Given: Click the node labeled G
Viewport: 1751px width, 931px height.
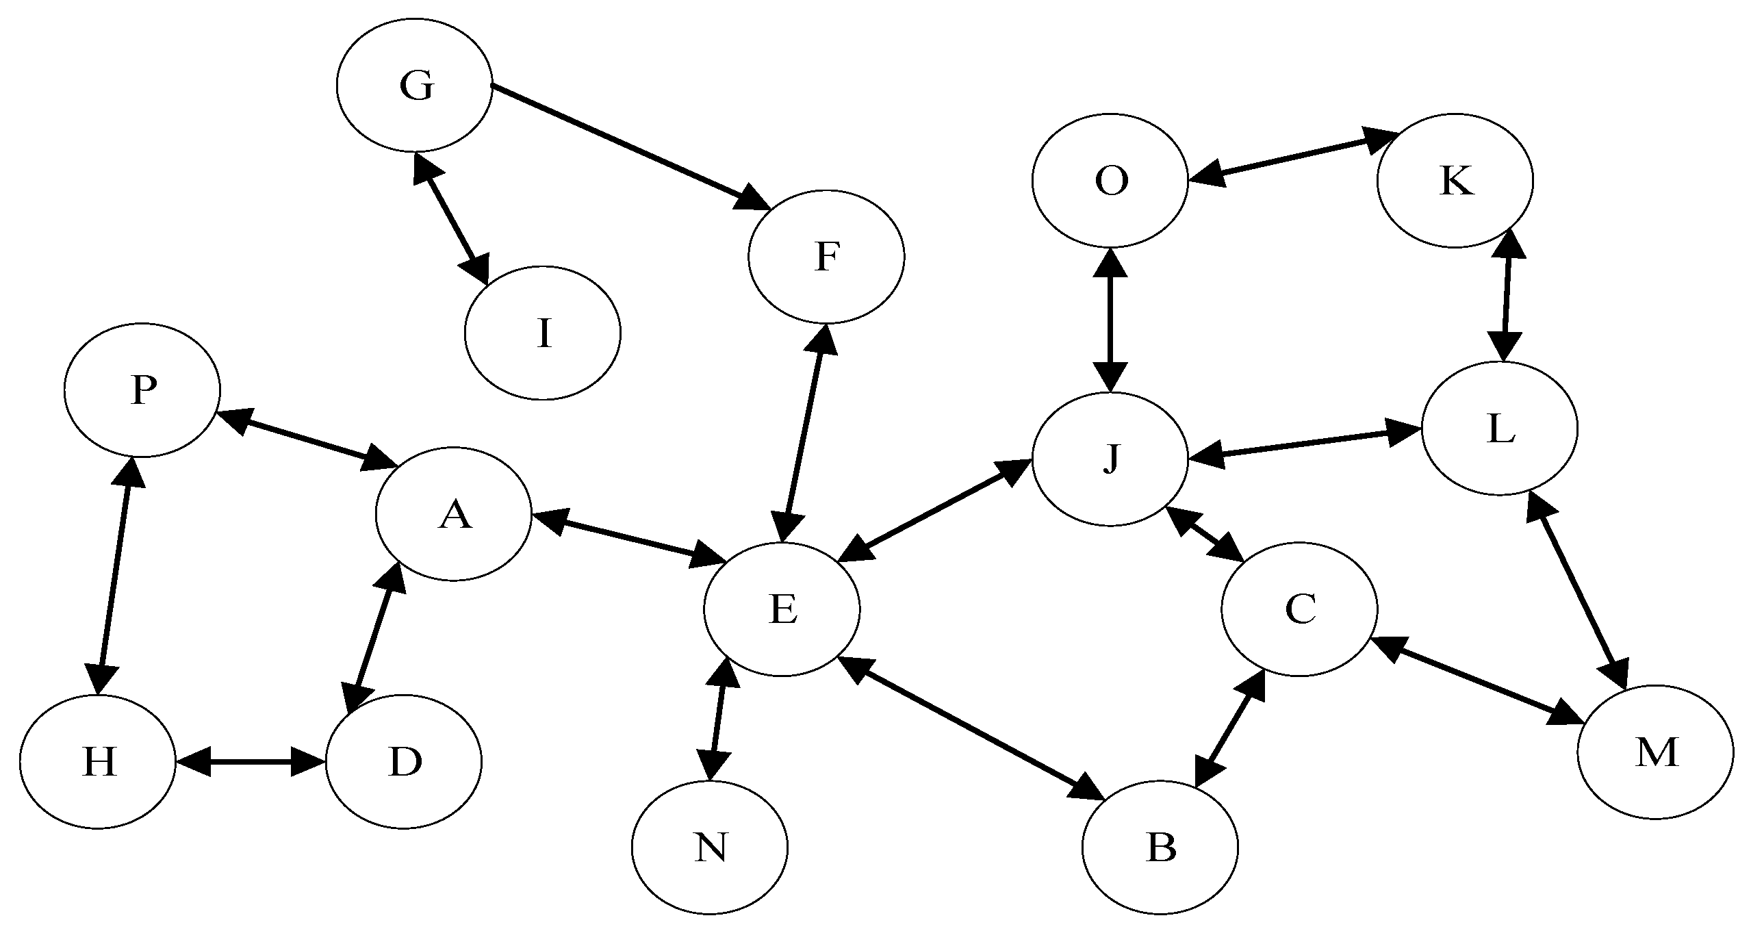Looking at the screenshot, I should (x=414, y=85).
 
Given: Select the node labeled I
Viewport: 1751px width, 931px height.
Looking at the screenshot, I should (x=542, y=333).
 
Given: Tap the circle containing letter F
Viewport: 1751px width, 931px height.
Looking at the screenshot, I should (x=826, y=257).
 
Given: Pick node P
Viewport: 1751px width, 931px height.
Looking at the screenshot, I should (x=142, y=390).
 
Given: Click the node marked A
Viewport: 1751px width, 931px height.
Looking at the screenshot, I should (x=453, y=514).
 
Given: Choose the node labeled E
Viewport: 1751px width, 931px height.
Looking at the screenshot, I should (x=782, y=609).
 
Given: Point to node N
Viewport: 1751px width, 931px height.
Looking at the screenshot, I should (x=710, y=847).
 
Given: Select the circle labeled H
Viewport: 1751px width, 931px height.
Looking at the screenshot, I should (x=98, y=761).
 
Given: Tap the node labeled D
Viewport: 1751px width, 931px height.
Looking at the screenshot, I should (x=404, y=761).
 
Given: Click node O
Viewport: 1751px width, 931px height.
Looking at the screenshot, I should (x=1110, y=180).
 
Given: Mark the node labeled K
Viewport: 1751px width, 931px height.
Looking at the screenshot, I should (x=1455, y=181).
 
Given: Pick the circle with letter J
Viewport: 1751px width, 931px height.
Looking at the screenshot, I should (x=1110, y=459).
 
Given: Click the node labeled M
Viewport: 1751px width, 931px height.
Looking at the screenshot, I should (x=1656, y=752).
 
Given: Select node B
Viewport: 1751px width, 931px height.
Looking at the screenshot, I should (x=1161, y=847).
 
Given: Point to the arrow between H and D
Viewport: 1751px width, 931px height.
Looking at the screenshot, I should (x=251, y=761).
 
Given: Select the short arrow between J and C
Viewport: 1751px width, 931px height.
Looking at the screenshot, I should (x=1205, y=536).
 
